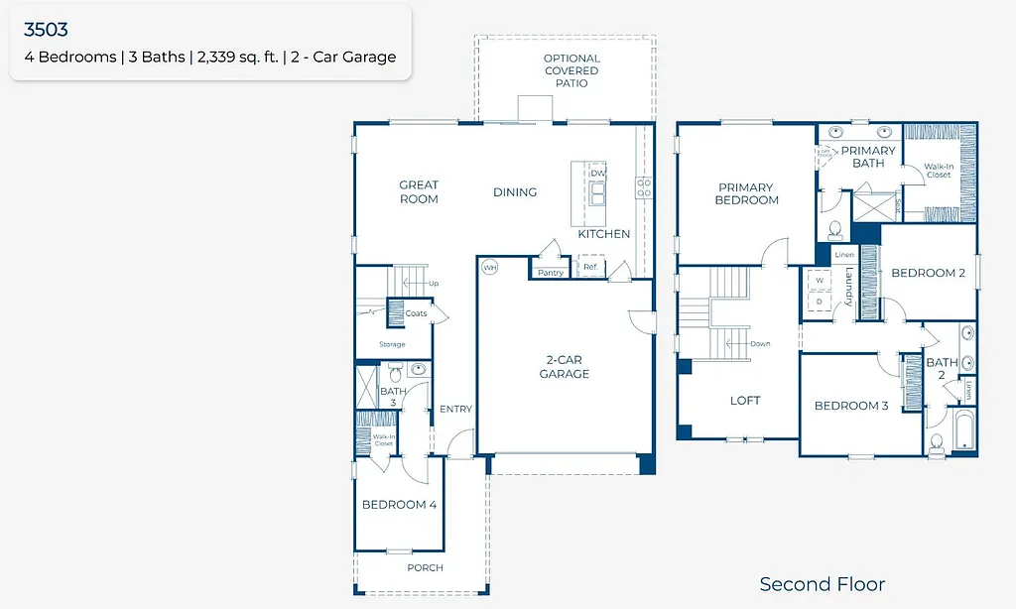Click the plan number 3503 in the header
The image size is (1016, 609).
[47, 31]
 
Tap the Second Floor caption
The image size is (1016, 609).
[822, 584]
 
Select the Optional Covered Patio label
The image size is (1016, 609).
[571, 71]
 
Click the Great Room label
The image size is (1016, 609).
[419, 191]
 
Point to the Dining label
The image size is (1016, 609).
[514, 192]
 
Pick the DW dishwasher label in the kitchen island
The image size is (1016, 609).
[597, 174]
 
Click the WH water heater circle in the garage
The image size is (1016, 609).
[489, 268]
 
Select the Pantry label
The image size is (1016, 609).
[550, 273]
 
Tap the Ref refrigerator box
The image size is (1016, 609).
[590, 267]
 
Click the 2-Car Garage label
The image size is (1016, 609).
[564, 367]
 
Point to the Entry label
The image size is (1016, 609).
[455, 409]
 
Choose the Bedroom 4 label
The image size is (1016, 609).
[399, 505]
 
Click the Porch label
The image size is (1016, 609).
[425, 567]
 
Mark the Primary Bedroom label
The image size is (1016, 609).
[746, 193]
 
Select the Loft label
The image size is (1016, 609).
[745, 401]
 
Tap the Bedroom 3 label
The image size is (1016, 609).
[851, 406]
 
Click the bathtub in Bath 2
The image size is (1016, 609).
[961, 431]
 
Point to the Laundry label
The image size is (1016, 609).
[849, 288]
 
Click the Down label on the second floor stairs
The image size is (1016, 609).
[760, 344]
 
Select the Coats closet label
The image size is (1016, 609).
[417, 313]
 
